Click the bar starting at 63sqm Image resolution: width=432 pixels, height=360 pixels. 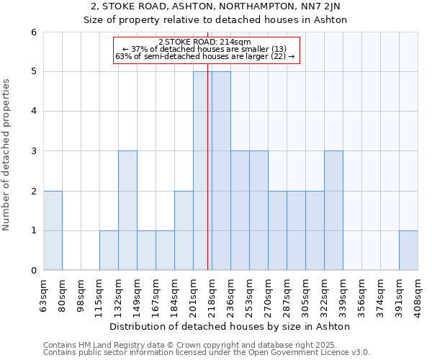tap(53, 230)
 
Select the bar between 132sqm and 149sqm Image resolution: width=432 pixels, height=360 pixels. tap(127, 210)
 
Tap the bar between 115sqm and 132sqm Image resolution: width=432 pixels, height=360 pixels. tap(109, 251)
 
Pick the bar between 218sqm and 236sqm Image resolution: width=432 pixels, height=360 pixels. tap(221, 171)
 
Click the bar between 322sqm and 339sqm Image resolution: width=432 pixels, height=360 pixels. tap(333, 210)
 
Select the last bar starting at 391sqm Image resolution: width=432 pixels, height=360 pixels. tap(408, 251)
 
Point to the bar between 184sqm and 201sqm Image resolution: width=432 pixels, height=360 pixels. tap(184, 230)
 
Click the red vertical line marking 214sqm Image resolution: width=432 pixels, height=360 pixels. tap(207, 180)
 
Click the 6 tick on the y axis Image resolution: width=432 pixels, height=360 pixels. tap(34, 32)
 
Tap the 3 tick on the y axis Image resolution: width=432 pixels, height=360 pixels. tap(34, 151)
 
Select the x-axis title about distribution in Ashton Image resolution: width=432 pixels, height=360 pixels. tap(230, 326)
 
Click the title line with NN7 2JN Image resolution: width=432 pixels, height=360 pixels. tap(215, 7)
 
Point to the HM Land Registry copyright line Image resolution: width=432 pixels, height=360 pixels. tap(205, 345)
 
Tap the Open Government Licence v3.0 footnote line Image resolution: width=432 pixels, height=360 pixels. tap(207, 353)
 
